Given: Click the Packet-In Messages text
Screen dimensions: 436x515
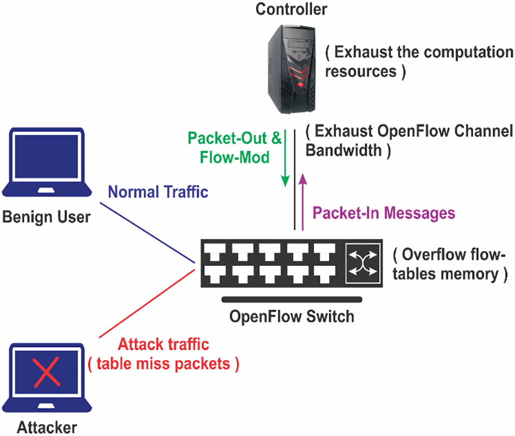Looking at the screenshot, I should click(x=383, y=213).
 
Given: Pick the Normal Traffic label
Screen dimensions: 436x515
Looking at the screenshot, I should click(x=158, y=191).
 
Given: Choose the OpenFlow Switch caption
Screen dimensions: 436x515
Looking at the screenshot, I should click(x=292, y=316).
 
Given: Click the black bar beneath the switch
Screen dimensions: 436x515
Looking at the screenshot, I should click(x=292, y=299).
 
